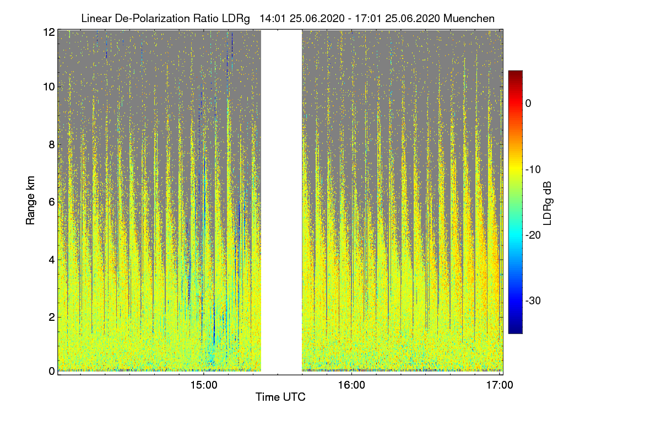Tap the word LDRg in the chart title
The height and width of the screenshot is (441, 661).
click(238, 18)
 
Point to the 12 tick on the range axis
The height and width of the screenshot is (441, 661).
click(49, 33)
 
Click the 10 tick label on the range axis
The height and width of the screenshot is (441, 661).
click(49, 87)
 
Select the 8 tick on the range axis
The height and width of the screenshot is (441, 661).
click(51, 144)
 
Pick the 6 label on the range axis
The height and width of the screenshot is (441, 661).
click(51, 202)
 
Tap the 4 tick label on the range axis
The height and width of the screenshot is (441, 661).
click(51, 259)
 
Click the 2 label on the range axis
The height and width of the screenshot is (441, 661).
click(51, 316)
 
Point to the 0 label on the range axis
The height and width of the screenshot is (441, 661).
click(51, 371)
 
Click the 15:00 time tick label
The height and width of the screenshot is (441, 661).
click(204, 386)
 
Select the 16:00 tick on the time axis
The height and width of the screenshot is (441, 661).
click(351, 386)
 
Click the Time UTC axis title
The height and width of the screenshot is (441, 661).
click(280, 397)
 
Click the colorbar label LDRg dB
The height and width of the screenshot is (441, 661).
click(547, 202)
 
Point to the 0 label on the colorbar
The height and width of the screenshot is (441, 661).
click(528, 104)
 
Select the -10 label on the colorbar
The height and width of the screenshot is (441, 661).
click(534, 169)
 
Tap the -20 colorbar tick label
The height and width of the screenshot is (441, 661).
click(534, 235)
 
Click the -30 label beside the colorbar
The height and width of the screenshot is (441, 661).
click(534, 301)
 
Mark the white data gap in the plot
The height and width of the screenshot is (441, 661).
click(281, 201)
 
